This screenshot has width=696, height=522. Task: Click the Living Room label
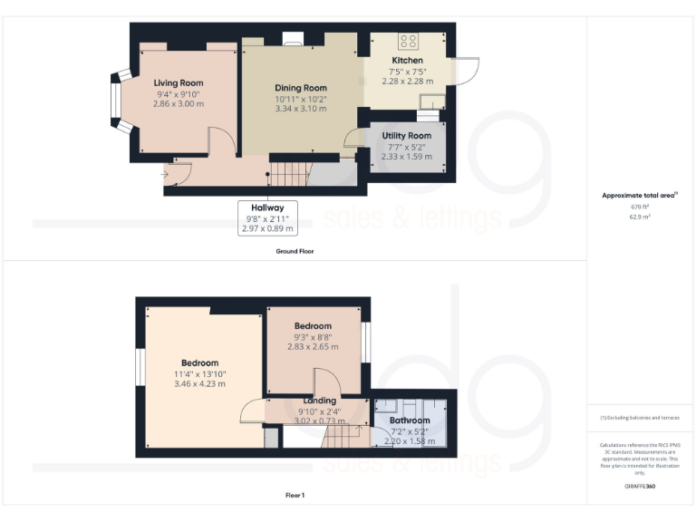(x=178, y=82)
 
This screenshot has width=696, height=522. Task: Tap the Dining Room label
(x=300, y=88)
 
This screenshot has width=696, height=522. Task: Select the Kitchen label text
(x=407, y=60)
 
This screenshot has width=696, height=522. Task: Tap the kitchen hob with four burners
(x=408, y=42)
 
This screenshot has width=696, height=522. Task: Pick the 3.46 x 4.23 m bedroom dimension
(x=199, y=383)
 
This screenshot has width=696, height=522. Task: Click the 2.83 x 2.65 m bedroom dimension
(x=313, y=346)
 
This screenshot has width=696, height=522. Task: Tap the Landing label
(x=319, y=401)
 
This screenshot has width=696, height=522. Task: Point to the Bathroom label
(x=410, y=420)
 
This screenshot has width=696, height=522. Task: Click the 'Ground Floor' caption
(x=295, y=251)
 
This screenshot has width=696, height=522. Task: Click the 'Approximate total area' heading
(x=638, y=195)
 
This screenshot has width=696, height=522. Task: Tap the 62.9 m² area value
(x=639, y=217)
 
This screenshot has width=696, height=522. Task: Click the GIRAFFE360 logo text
(x=639, y=487)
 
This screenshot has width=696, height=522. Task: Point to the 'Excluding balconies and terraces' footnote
(x=639, y=418)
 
